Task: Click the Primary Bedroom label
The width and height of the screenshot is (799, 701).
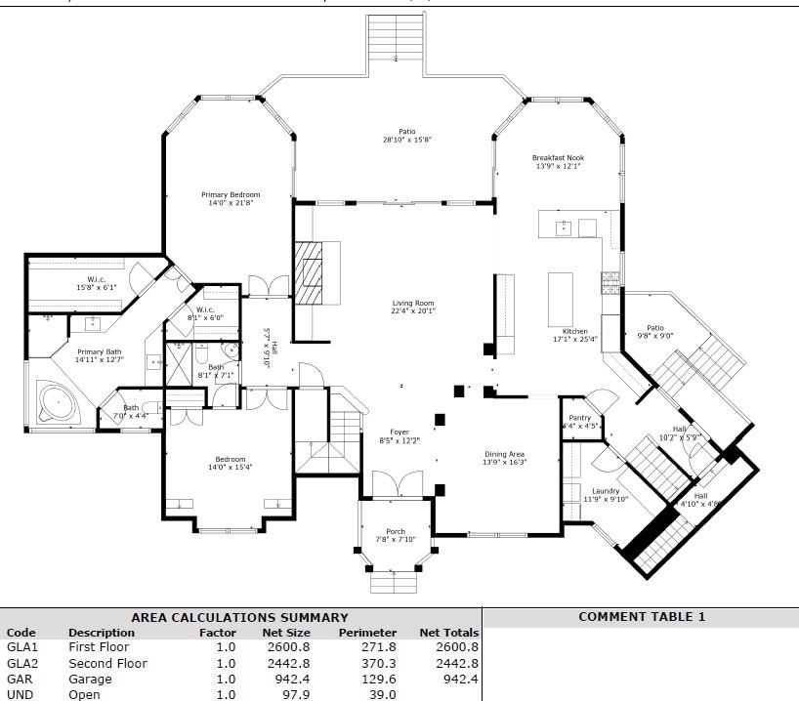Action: tap(231, 194)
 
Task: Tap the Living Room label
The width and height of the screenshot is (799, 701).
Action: tap(413, 303)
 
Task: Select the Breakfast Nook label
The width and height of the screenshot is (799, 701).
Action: tap(558, 157)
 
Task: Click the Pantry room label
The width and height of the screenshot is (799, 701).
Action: tap(579, 417)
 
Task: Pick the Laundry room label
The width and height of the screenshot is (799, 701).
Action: tap(606, 490)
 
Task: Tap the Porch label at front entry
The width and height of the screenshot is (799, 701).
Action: tap(396, 532)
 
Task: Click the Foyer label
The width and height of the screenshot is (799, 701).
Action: tap(399, 432)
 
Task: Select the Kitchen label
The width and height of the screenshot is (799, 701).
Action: tap(574, 331)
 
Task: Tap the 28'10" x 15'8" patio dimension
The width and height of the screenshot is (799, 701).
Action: tap(407, 140)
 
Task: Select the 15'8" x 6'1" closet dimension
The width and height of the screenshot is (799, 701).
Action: tap(96, 287)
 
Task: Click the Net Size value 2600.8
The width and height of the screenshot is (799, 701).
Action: tap(286, 646)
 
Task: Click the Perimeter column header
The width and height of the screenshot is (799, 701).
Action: tap(367, 632)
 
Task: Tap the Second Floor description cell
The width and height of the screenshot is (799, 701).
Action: tap(107, 663)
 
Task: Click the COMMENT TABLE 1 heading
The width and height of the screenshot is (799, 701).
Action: tap(641, 616)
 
